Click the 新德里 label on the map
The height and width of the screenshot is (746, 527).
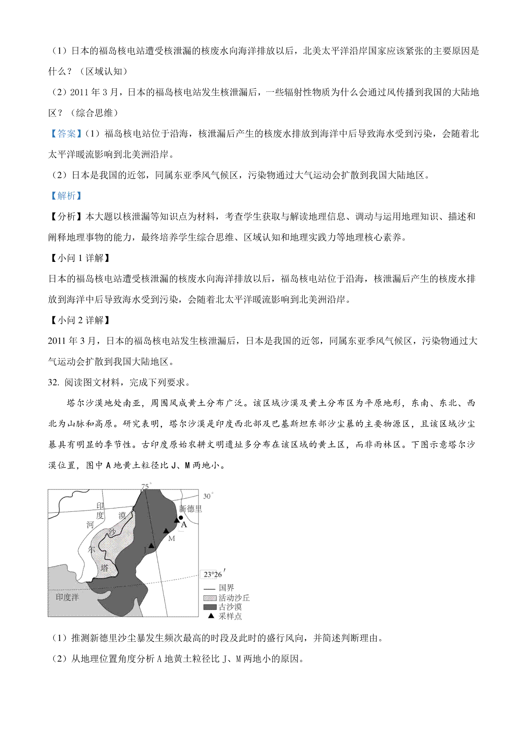pos(191,509)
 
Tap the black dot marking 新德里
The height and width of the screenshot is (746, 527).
pos(181,518)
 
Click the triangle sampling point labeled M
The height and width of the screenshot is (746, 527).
pos(166,531)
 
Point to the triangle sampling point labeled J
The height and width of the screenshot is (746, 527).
pos(151,546)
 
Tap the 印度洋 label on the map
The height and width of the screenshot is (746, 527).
pos(67,597)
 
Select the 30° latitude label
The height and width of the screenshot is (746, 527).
pos(208,496)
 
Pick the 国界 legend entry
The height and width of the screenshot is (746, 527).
pos(226,588)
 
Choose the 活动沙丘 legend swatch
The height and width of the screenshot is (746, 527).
pos(210,598)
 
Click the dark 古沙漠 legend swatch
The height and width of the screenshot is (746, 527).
pos(210,607)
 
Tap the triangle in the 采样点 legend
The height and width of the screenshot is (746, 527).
pos(211,616)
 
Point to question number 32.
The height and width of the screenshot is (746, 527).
pos(54,382)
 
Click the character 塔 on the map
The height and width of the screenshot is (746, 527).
pos(105,568)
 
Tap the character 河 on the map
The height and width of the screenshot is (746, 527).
pos(90,525)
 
